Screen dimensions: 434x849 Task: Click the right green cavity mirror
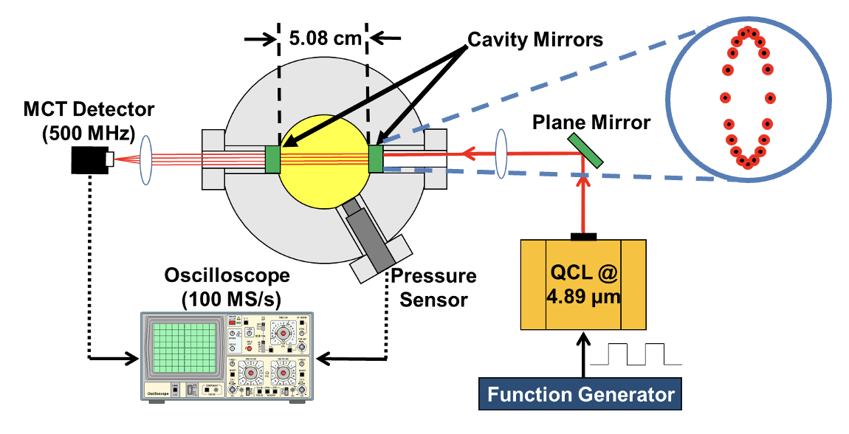375,159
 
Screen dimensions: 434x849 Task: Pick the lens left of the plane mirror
503,153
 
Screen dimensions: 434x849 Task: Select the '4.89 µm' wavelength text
582,300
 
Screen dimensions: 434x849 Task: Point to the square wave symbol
645,354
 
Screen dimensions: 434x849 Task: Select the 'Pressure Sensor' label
433,288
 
